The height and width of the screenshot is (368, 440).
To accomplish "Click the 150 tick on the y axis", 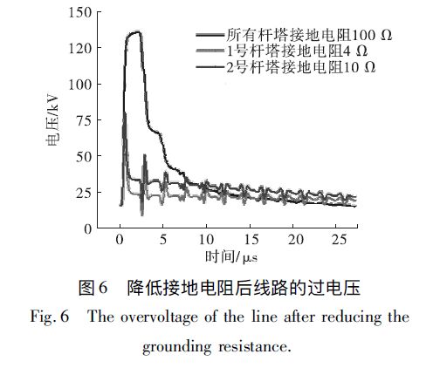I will click(x=84, y=13).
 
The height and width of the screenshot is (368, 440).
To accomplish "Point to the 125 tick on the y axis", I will click(x=84, y=49).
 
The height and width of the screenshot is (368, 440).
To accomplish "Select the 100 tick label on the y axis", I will click(x=84, y=85).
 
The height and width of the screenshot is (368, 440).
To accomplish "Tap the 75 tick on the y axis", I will click(x=87, y=121).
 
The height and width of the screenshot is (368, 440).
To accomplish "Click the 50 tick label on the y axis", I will click(x=87, y=157).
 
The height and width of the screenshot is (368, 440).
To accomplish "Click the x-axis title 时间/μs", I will click(x=230, y=257).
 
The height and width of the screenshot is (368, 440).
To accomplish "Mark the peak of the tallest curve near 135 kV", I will click(x=135, y=32).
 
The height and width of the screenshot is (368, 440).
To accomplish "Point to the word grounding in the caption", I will click(x=176, y=344).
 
